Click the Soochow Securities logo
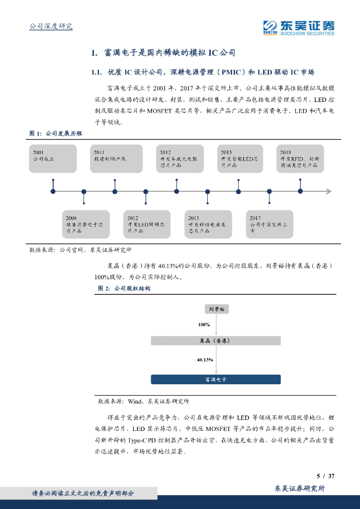(x=298, y=27)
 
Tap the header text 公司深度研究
(x=51, y=26)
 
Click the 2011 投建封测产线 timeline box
(x=116, y=159)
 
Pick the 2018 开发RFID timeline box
(x=300, y=159)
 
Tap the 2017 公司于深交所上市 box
(x=270, y=224)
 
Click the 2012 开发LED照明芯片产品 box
(x=147, y=224)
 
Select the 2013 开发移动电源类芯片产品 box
(x=208, y=224)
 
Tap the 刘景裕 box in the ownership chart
(x=217, y=309)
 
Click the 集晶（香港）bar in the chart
(x=216, y=340)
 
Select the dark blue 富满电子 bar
(x=216, y=379)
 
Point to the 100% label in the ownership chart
(x=204, y=325)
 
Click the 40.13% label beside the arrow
(x=205, y=359)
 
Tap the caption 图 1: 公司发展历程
(x=56, y=134)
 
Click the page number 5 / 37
(x=325, y=476)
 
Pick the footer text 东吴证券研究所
(x=300, y=489)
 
